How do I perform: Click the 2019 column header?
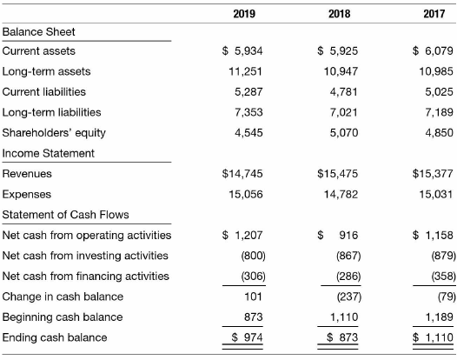(x=244, y=14)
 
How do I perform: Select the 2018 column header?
(x=339, y=14)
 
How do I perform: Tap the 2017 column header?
(x=434, y=14)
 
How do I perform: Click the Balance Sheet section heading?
(x=38, y=32)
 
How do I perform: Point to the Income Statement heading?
(x=48, y=153)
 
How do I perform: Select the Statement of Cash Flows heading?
(x=65, y=215)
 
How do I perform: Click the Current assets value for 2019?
(x=242, y=51)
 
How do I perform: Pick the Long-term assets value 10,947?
(x=341, y=71)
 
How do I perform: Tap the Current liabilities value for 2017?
(x=439, y=92)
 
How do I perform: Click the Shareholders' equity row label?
(x=54, y=133)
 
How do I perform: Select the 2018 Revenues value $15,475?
(x=337, y=174)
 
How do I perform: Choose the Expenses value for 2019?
(x=246, y=194)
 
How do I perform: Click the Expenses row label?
(x=27, y=195)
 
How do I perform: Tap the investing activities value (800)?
(x=254, y=256)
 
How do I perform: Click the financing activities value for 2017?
(x=444, y=276)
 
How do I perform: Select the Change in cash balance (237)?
(x=349, y=297)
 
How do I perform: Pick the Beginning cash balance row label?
(x=63, y=317)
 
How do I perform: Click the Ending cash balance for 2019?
(x=247, y=337)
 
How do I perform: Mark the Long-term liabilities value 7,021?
(x=344, y=112)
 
